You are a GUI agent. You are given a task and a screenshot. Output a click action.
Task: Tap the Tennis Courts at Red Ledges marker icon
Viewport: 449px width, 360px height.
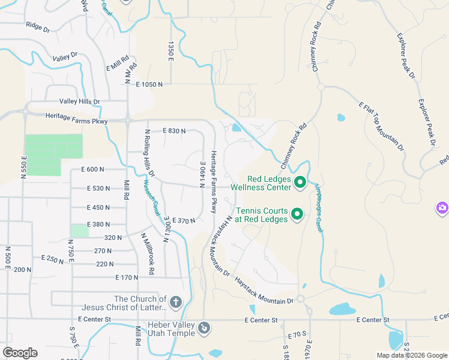point(297,214)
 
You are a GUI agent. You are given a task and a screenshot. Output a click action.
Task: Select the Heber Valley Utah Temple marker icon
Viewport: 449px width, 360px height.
point(205,328)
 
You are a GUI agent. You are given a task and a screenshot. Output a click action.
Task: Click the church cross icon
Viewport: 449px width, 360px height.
point(175,301)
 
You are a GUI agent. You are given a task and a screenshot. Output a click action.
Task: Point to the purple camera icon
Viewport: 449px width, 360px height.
point(442,208)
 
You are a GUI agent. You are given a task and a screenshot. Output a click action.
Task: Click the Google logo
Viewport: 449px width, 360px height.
point(20,352)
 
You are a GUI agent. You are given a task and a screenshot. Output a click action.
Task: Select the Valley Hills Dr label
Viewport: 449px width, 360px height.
point(79,102)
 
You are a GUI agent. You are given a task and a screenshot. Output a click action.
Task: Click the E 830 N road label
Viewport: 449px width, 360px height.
point(174,130)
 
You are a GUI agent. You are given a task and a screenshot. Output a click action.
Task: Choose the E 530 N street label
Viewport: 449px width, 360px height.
point(98,188)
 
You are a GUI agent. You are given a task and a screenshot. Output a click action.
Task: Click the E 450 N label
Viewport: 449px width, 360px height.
point(98,208)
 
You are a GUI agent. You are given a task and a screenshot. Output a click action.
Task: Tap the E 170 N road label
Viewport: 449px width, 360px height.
point(127,277)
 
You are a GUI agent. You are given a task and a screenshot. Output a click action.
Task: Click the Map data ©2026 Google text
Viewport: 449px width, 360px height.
point(412,355)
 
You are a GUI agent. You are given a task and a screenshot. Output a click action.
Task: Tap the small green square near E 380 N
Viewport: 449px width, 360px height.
point(79,231)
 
